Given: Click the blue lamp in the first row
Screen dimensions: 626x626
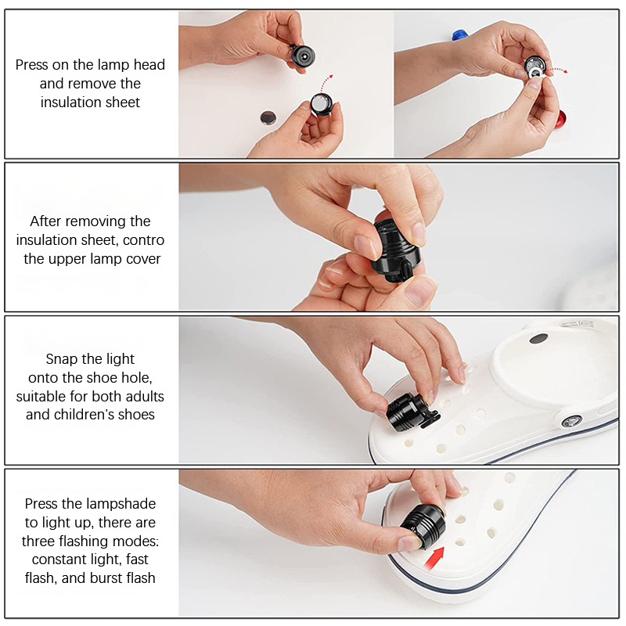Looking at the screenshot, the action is pyautogui.click(x=459, y=34).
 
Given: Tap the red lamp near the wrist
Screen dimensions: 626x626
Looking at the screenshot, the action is pyautogui.click(x=560, y=120).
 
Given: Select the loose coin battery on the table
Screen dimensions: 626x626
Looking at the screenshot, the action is pyautogui.click(x=268, y=117).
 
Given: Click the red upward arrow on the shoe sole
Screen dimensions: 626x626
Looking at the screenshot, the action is pyautogui.click(x=434, y=559).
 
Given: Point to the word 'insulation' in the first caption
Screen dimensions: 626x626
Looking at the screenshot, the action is pyautogui.click(x=70, y=103).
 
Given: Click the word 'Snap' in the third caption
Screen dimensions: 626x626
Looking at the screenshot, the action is pyautogui.click(x=60, y=359).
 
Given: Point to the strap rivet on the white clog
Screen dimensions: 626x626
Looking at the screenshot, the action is pyautogui.click(x=571, y=421).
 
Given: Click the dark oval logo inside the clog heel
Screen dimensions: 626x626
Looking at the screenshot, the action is pyautogui.click(x=538, y=339).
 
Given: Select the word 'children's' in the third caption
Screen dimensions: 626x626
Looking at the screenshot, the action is pyautogui.click(x=104, y=415).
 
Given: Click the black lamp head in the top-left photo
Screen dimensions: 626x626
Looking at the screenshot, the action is pyautogui.click(x=302, y=56).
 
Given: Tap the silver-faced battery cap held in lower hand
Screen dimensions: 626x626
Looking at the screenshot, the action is pyautogui.click(x=321, y=104).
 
